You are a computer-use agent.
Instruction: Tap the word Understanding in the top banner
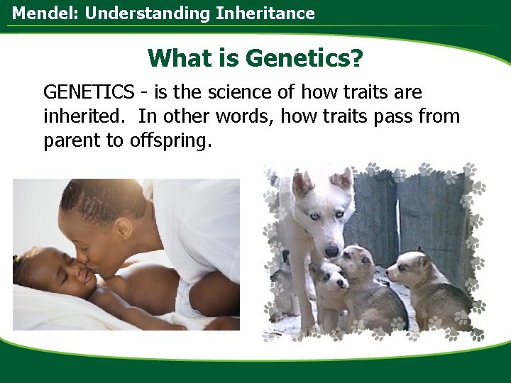tap(132, 13)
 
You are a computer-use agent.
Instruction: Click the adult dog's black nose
tap(331, 250)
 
